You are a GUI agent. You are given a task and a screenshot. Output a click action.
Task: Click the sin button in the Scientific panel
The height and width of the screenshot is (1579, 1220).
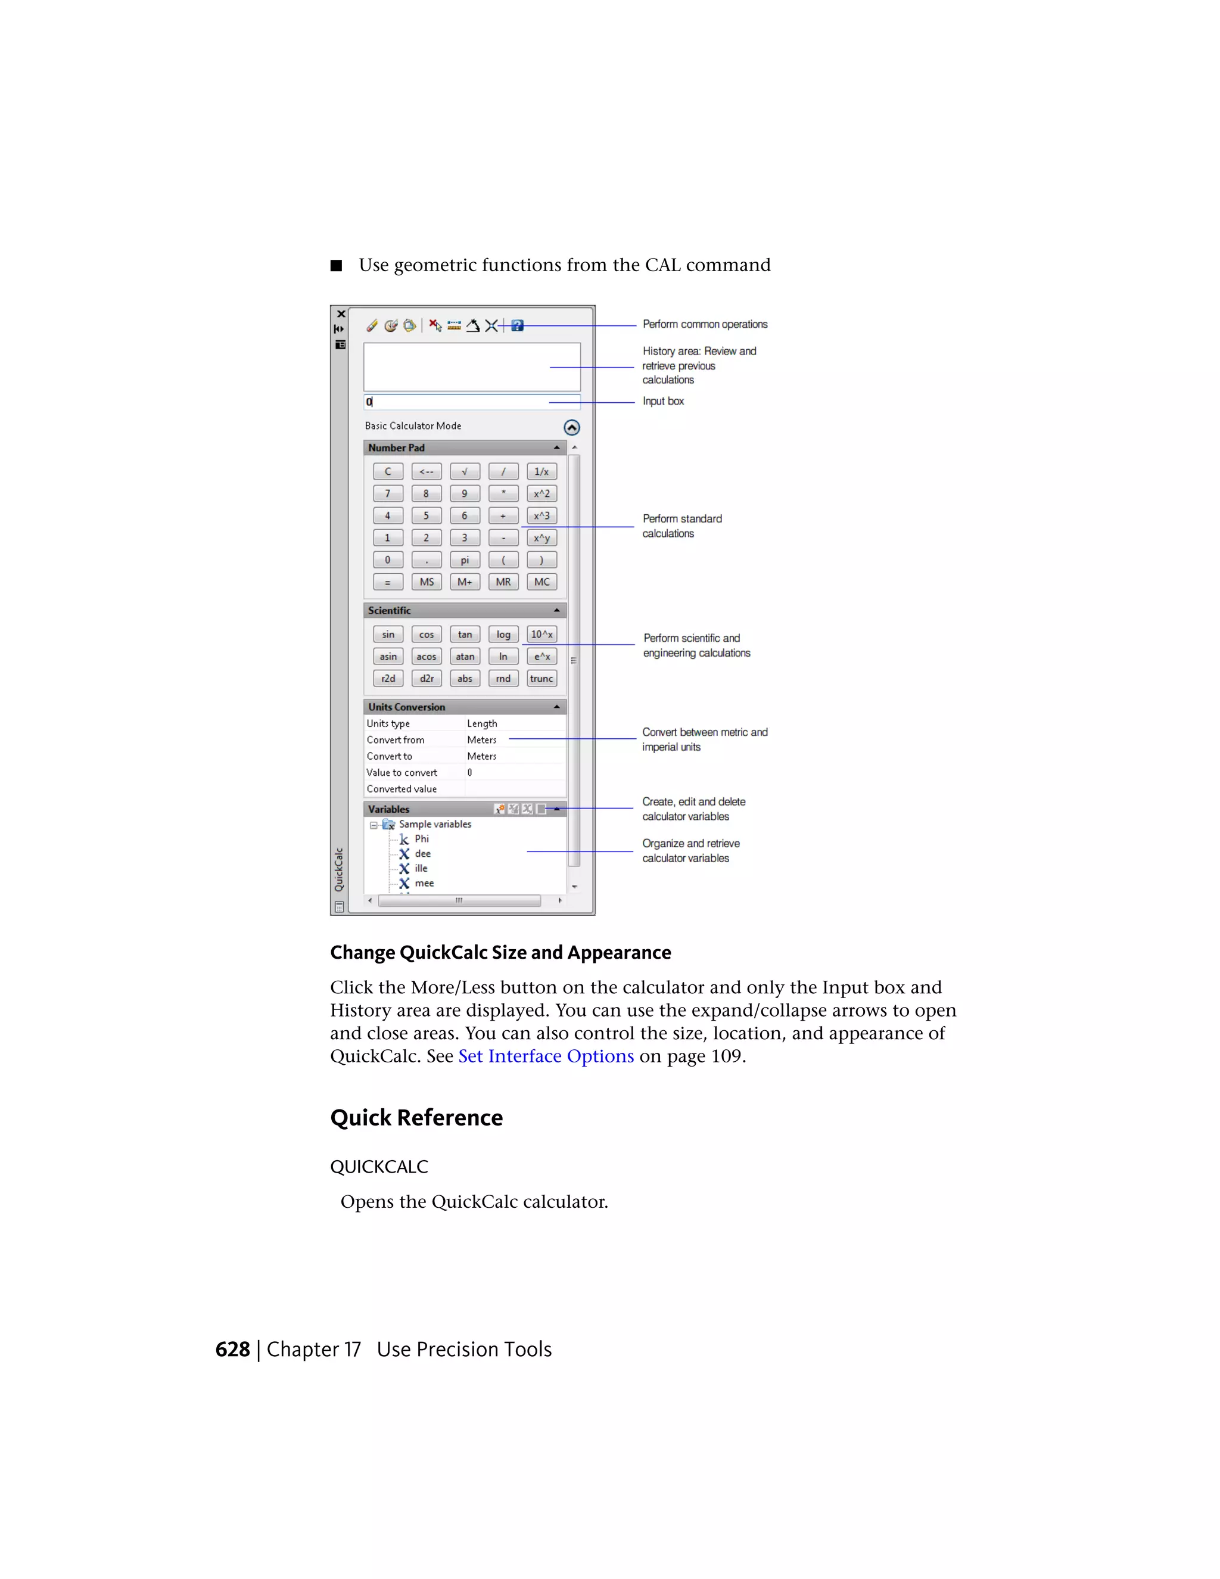(388, 635)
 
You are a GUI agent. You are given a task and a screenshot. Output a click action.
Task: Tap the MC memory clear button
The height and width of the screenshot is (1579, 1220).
(541, 582)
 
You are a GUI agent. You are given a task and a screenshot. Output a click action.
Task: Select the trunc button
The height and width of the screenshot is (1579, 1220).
(541, 679)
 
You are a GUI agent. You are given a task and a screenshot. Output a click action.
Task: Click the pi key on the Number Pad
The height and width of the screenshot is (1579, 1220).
(465, 560)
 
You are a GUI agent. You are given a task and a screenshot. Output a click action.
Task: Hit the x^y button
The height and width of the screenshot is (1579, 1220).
(541, 538)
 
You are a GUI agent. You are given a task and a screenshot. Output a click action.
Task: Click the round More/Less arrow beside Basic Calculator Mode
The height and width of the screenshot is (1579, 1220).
(572, 427)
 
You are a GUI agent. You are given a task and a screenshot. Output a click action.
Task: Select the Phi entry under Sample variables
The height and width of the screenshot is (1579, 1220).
(421, 839)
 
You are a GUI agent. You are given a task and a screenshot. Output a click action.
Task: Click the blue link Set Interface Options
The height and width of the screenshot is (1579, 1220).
(546, 1056)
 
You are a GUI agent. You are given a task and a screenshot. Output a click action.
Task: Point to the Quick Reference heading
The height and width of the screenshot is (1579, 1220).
(416, 1118)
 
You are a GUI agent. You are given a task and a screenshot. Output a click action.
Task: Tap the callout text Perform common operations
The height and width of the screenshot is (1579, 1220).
(705, 325)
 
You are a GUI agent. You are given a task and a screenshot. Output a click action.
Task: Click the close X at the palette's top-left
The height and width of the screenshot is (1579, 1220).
(340, 315)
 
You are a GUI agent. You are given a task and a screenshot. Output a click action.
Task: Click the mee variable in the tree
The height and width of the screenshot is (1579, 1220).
(424, 884)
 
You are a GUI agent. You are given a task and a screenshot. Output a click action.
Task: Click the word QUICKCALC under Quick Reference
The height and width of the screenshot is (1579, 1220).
(379, 1167)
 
